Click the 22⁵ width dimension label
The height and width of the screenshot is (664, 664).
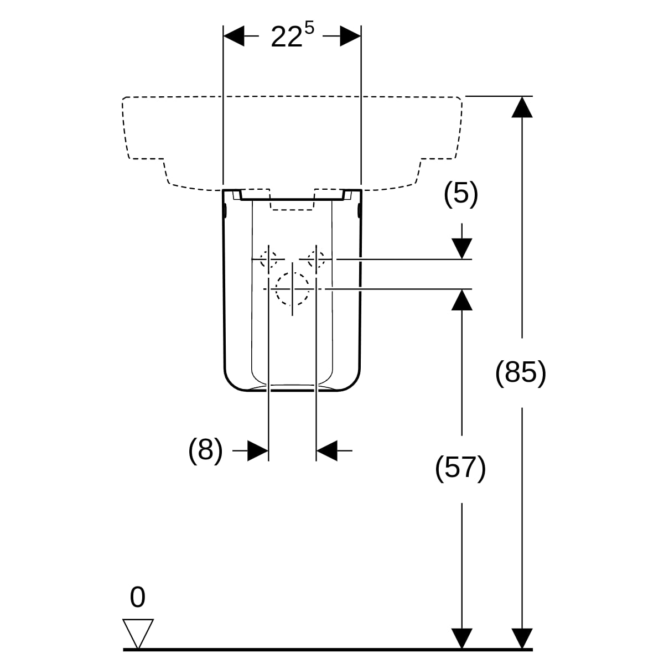292,37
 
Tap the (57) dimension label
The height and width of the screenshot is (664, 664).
461,468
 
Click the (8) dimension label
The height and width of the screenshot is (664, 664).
206,450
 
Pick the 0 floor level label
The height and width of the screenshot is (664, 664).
137,598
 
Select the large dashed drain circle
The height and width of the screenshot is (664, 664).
292,289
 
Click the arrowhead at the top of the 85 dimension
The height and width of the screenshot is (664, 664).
521,106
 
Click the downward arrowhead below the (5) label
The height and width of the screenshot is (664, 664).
461,248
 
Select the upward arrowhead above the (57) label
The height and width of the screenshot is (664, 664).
461,299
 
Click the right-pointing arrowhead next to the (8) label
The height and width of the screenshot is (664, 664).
258,450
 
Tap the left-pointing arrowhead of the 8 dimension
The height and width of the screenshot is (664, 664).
326,450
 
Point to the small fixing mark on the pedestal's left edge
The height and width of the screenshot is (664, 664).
226,211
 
